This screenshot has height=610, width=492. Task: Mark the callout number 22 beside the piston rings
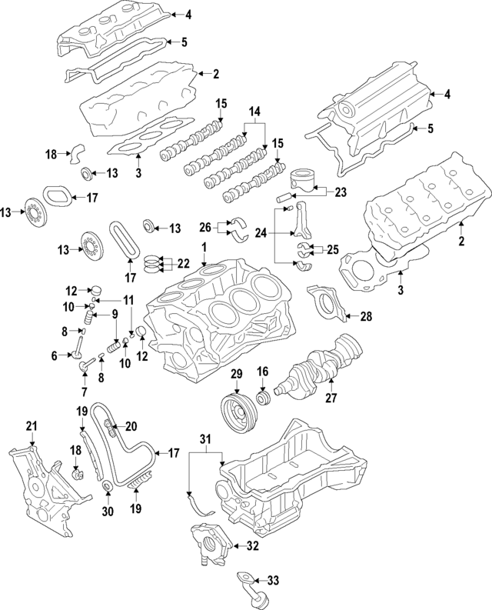[x=184, y=262]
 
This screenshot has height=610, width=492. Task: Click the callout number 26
[x=204, y=227]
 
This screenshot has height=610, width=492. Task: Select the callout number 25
[x=332, y=248]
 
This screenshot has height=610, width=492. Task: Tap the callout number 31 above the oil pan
[x=204, y=439]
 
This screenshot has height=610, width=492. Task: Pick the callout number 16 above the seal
[x=262, y=373]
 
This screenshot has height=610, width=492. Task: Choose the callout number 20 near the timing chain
[x=131, y=426]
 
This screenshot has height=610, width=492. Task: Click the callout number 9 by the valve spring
[x=114, y=314]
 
